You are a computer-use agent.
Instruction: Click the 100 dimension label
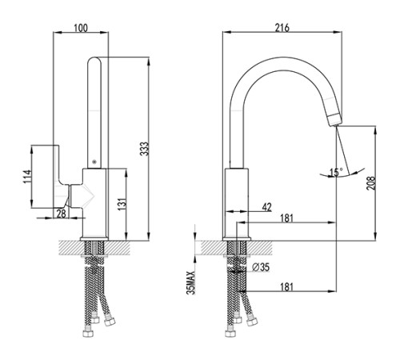click(81, 28)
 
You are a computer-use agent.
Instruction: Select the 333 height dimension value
click(144, 149)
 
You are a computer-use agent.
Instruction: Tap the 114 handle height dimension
click(27, 176)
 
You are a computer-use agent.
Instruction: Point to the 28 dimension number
click(61, 214)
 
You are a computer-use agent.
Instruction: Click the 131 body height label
click(122, 204)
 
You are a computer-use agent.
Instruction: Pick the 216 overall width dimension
click(282, 28)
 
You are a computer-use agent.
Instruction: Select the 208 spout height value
click(371, 183)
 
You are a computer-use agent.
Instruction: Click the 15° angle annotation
click(336, 172)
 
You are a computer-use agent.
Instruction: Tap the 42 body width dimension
click(266, 207)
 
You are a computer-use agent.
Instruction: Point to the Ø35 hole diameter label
click(261, 267)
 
